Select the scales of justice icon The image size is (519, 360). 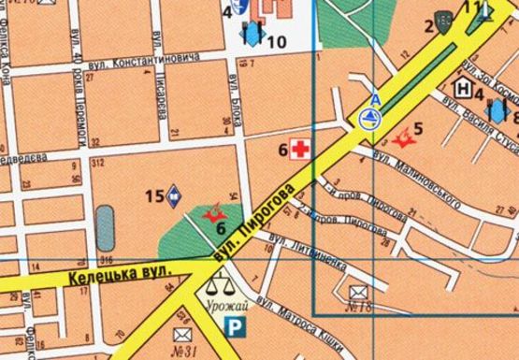coord(220,281)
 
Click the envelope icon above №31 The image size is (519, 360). coord(181,334)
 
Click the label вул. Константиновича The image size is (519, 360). coord(140,62)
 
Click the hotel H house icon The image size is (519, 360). coord(462,89)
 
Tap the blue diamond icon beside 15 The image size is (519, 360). coord(174,195)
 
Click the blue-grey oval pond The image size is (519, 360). coord(106,227)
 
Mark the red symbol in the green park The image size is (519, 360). coord(212,214)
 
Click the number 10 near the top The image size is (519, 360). coord(277,42)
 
